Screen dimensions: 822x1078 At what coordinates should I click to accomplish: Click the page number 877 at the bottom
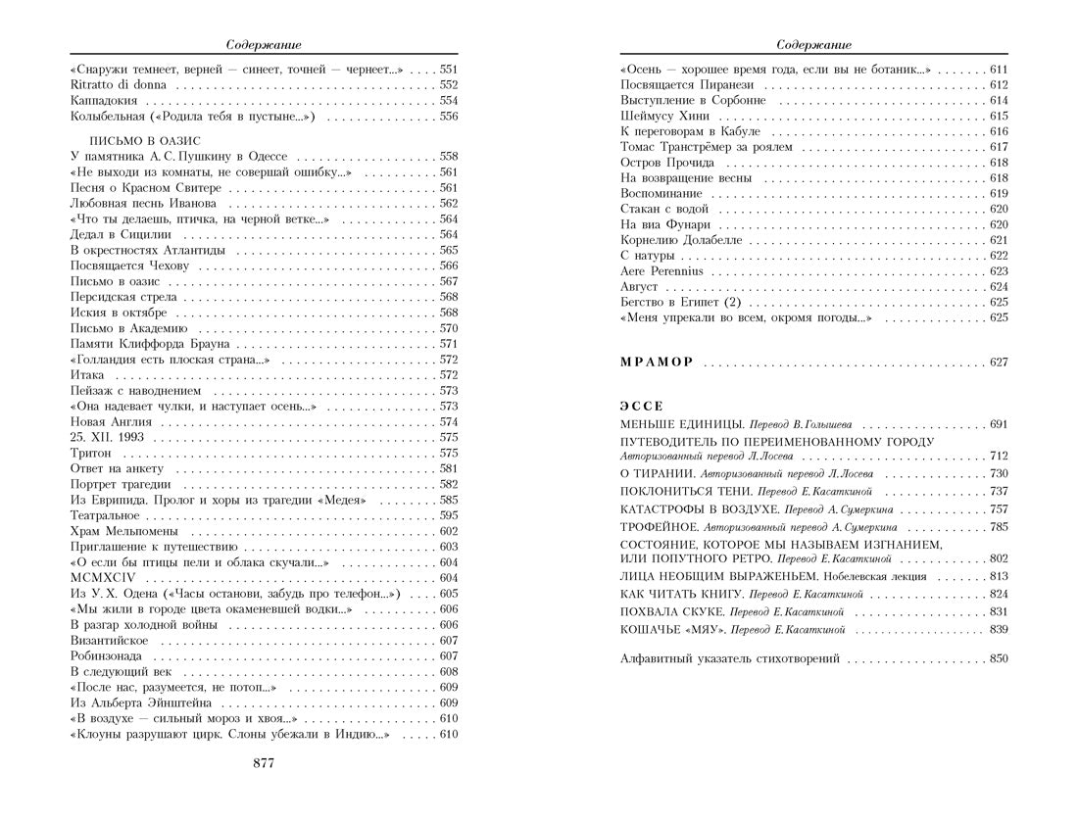[x=264, y=763]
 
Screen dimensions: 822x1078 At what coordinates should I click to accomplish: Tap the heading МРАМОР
[x=657, y=363]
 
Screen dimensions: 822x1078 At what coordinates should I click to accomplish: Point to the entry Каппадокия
[x=109, y=101]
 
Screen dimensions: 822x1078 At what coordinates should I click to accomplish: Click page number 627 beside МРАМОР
[x=998, y=363]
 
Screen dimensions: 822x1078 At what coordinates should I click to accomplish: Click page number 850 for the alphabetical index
[x=998, y=658]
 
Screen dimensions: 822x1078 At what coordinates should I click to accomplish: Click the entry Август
[x=639, y=287]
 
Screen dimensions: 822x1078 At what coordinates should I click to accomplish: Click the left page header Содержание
[x=264, y=44]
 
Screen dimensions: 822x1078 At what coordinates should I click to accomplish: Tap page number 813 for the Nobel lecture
[x=998, y=576]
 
